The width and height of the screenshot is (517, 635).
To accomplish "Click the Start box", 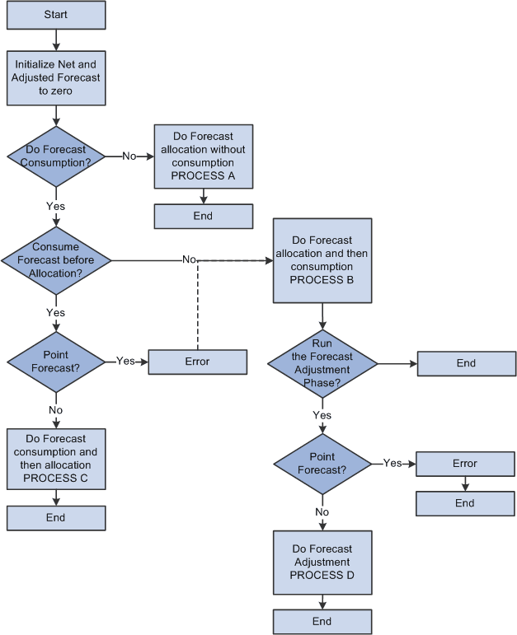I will [x=56, y=14].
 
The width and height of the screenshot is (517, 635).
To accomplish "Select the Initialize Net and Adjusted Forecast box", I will [x=56, y=77].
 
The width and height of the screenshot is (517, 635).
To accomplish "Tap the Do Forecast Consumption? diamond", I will [x=56, y=156].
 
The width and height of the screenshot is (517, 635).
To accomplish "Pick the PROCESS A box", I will [x=203, y=156].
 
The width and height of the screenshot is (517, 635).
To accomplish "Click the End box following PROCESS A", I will [x=203, y=216].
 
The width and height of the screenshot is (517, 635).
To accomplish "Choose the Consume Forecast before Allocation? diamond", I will [x=56, y=260].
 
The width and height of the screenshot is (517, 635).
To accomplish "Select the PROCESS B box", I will [x=322, y=260].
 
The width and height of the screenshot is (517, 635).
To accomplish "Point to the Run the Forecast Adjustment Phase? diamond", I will [x=322, y=363].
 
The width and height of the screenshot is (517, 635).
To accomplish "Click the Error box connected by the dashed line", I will [x=197, y=362].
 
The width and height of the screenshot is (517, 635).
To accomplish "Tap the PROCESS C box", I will [x=56, y=458].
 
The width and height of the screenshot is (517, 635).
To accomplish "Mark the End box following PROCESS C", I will [x=56, y=518].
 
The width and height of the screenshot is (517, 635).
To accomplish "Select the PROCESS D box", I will [x=322, y=562].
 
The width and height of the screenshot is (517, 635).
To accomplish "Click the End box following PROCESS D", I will [x=322, y=622].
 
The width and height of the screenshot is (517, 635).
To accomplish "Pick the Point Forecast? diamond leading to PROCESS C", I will [x=56, y=362].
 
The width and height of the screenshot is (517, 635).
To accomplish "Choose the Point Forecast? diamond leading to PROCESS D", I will [x=322, y=464].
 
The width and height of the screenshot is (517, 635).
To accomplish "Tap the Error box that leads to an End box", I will [x=465, y=464].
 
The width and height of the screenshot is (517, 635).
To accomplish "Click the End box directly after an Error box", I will [x=465, y=503].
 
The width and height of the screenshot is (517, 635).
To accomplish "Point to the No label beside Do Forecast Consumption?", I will [x=129, y=156].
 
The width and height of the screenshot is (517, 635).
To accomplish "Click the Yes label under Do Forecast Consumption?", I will [x=56, y=206].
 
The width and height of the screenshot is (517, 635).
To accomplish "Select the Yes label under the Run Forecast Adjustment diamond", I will [x=322, y=415].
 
